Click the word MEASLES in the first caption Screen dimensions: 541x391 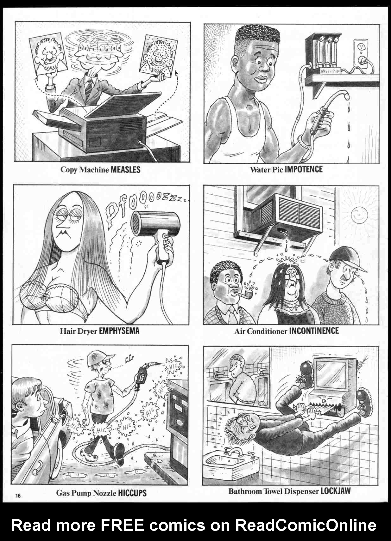(125, 170)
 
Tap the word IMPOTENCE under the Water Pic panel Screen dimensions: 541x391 (304, 169)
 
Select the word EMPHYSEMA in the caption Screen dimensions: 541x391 (119, 331)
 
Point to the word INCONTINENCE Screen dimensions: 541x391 (314, 331)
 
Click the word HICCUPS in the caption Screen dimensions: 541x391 (132, 493)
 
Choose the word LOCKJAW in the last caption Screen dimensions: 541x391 (336, 491)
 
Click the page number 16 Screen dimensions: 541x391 (17, 495)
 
